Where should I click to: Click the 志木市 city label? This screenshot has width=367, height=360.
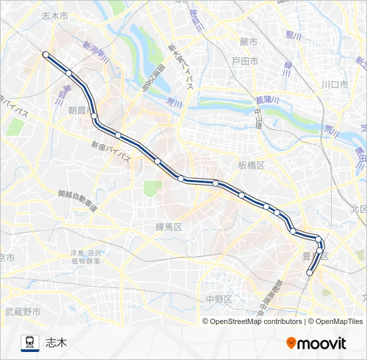pos(55,15)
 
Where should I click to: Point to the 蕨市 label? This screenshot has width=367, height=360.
pos(248,41)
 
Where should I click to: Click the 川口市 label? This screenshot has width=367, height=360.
pos(334,85)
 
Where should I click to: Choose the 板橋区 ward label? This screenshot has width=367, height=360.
pos(252,164)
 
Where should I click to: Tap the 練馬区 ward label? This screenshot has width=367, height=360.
pos(169,227)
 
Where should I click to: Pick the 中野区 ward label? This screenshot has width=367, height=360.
pos(218,299)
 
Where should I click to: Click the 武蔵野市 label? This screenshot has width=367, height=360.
pos(23,311)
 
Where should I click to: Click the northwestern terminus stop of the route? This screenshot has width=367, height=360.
pos(45,55)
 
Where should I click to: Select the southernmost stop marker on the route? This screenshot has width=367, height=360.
pos(310,272)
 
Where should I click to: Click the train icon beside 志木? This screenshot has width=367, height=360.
pos(30,343)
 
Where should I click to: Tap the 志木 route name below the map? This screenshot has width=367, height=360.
pos(56,343)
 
